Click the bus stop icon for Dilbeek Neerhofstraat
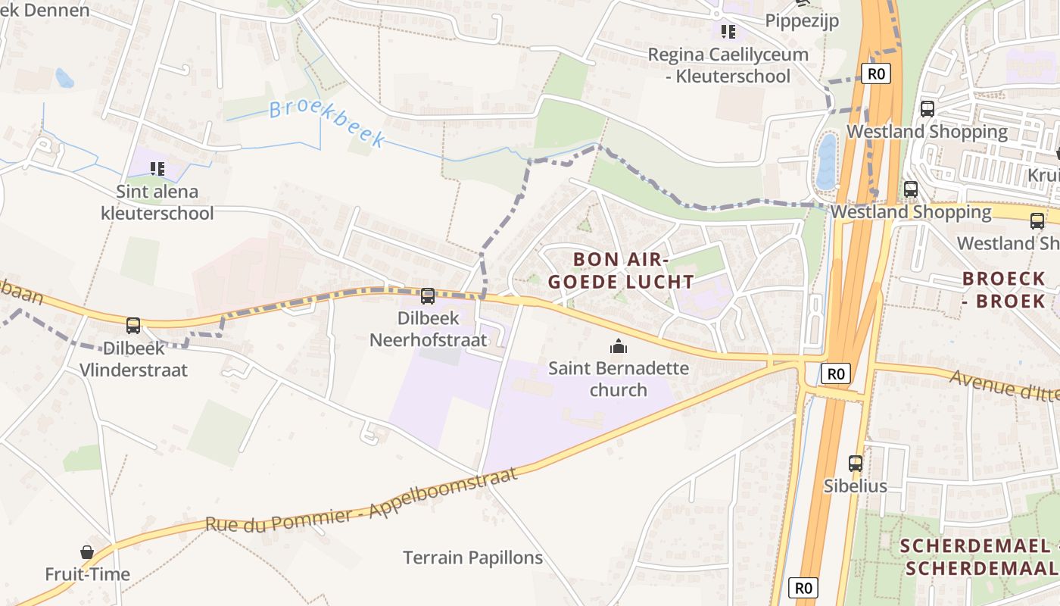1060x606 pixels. tap(428, 296)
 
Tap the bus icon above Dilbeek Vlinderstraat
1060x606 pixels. tap(133, 326)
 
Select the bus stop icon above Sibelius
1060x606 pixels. tap(856, 463)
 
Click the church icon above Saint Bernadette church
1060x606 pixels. tap(619, 347)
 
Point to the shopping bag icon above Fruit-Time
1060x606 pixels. tap(87, 552)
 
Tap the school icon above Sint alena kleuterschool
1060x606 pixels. tap(157, 168)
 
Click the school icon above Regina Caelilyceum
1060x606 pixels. tap(728, 31)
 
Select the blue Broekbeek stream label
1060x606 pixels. tap(327, 122)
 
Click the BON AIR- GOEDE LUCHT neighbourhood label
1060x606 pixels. tap(621, 270)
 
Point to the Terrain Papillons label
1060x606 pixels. tap(472, 558)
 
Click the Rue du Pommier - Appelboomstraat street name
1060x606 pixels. tap(362, 500)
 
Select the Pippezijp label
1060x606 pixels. tap(802, 20)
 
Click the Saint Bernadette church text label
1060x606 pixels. tap(619, 380)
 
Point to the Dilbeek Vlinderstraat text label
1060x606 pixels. tap(134, 360)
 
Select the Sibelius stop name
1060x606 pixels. tap(856, 486)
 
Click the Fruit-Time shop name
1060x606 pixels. tap(87, 574)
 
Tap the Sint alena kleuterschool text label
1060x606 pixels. tap(157, 202)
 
